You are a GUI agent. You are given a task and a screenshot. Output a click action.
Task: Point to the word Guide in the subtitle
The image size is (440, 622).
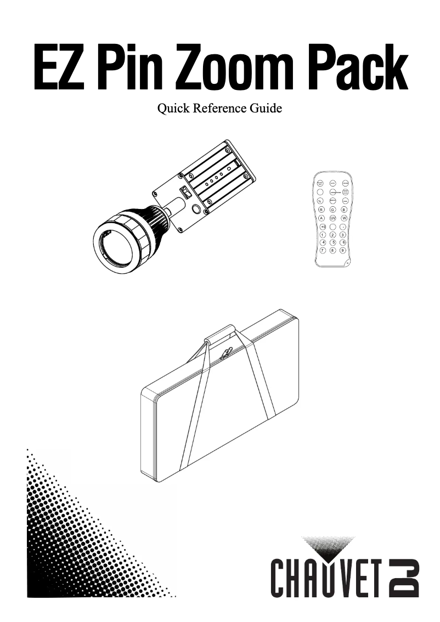pos(264,109)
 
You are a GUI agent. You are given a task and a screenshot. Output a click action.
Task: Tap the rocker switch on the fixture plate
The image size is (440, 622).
pos(185,193)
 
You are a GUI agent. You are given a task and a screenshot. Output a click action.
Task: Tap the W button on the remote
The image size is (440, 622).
pos(344,218)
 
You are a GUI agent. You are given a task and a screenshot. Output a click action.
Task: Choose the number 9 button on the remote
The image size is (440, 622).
pos(343,250)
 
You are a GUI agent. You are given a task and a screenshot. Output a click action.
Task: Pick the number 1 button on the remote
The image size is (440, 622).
pos(322,234)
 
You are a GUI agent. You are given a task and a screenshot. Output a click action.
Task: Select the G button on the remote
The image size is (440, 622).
pos(332,210)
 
